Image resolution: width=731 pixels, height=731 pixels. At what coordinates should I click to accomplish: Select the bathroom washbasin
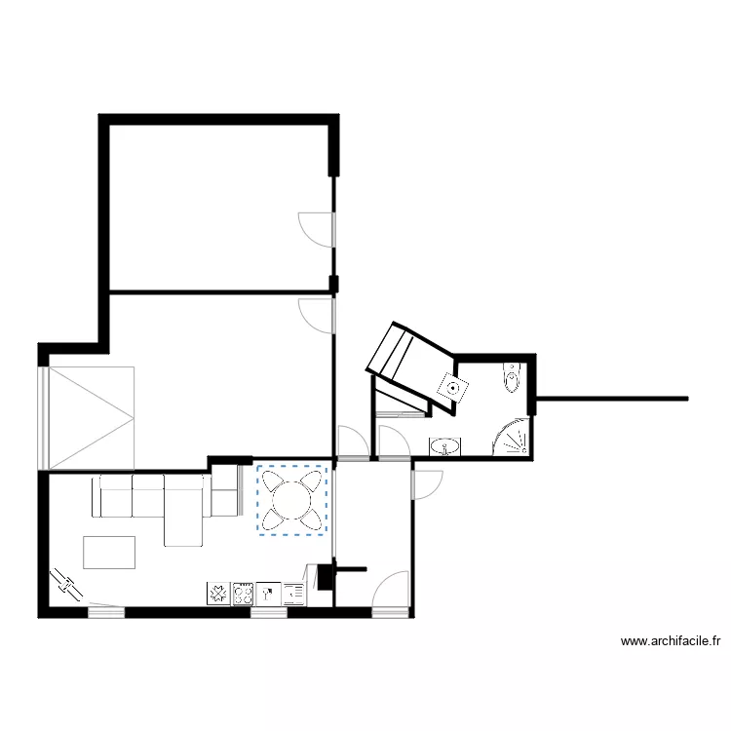pyautogui.click(x=445, y=447)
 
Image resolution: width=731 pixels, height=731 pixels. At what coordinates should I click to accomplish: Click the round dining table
pyautogui.click(x=291, y=500)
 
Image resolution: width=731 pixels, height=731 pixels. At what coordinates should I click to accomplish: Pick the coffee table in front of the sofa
pyautogui.click(x=110, y=552)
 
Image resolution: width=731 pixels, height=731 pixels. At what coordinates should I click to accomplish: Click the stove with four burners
pyautogui.click(x=244, y=593)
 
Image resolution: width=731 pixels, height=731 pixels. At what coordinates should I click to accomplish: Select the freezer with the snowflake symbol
pyautogui.click(x=217, y=593)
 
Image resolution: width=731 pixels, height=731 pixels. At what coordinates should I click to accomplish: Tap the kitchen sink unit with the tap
pyautogui.click(x=268, y=593)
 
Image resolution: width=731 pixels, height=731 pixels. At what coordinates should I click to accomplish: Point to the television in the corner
pyautogui.click(x=68, y=584)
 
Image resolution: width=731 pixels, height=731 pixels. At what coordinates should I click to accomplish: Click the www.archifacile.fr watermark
pyautogui.click(x=672, y=641)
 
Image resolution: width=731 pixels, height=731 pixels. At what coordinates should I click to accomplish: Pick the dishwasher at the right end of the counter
pyautogui.click(x=293, y=593)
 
